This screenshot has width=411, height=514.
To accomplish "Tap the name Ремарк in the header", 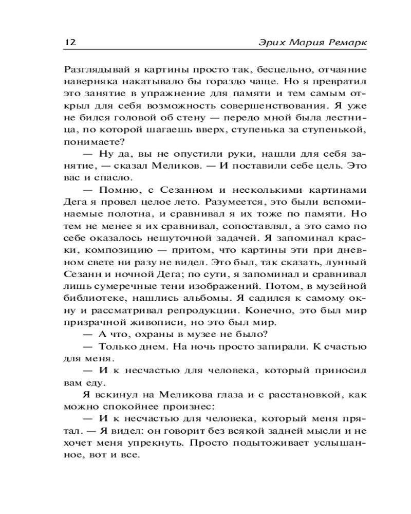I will (x=347, y=42).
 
